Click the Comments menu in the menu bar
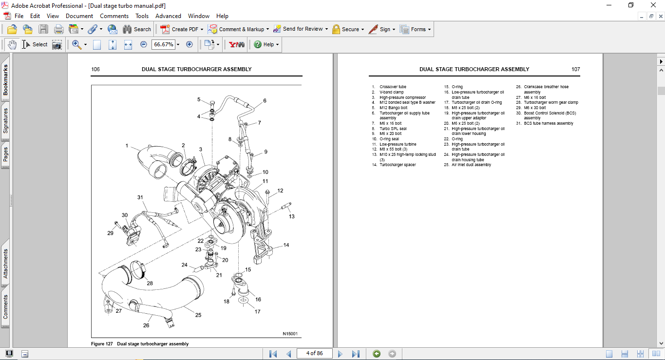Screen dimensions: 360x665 (114, 16)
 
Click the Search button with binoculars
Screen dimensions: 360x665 (137, 29)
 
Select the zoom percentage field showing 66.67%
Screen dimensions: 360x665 (163, 44)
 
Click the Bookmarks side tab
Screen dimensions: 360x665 (5, 80)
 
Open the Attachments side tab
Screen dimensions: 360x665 (5, 264)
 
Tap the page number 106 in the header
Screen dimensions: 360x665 (95, 69)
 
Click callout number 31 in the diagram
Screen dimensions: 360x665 (140, 197)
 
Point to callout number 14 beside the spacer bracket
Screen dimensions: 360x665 (286, 245)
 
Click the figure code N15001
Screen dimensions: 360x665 (290, 334)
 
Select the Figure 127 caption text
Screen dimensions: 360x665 (140, 344)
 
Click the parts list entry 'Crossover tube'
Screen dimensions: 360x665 (393, 87)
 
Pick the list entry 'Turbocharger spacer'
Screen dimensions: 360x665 (398, 165)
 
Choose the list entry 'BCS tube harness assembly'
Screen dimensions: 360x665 (549, 123)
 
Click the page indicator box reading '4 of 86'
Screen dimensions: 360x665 (314, 353)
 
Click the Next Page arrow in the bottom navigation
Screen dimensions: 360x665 (340, 354)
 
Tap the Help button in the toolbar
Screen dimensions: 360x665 (266, 44)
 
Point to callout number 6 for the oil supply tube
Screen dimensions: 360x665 (265, 101)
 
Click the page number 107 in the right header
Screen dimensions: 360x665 (575, 69)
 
